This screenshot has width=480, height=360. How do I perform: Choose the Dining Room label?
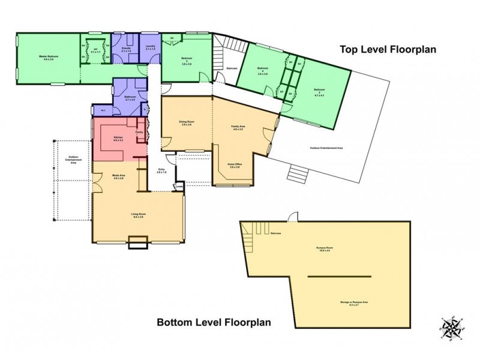pos(186,123)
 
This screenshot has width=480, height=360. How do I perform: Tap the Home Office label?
pos(234,165)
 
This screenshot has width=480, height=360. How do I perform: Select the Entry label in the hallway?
pos(160,171)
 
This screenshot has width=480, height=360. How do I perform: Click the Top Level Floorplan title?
pos(388,49)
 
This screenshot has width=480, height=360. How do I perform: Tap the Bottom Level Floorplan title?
pos(214,322)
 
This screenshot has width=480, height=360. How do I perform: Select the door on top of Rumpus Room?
pos(292,216)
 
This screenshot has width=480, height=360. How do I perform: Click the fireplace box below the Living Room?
pos(138,242)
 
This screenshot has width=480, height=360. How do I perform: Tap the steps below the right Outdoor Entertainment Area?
pos(297,175)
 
